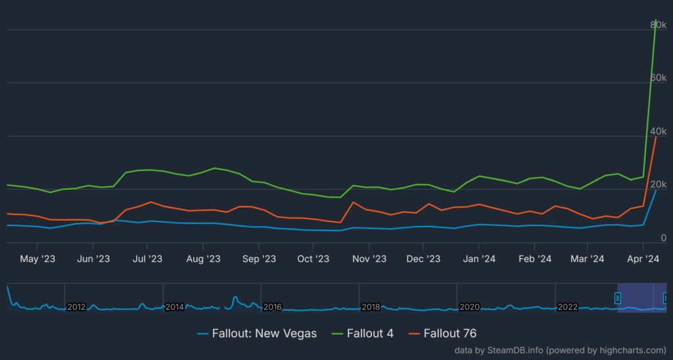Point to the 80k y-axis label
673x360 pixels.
658,24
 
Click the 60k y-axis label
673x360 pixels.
658,78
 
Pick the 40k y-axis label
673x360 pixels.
658,131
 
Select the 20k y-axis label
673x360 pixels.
658,185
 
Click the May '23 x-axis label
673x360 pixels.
37,259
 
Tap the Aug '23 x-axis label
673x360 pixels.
203,259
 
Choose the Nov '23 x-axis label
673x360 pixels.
369,259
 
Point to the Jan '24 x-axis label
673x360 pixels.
479,259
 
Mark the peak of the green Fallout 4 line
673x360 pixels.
655,20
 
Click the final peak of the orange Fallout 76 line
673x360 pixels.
655,137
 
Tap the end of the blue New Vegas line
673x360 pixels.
655,191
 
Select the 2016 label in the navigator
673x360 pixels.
272,307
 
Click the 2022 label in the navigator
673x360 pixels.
567,307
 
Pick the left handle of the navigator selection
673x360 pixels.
617,298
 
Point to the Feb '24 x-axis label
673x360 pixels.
534,259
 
